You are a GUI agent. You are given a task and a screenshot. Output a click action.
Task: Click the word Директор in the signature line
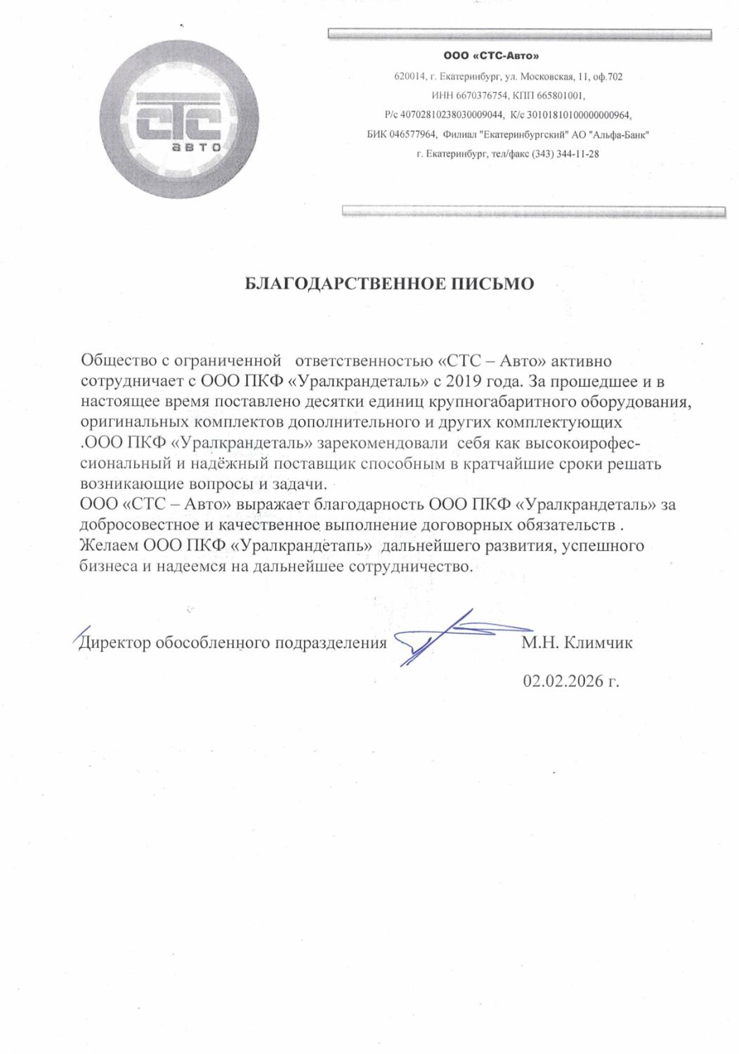pyautogui.click(x=115, y=642)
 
